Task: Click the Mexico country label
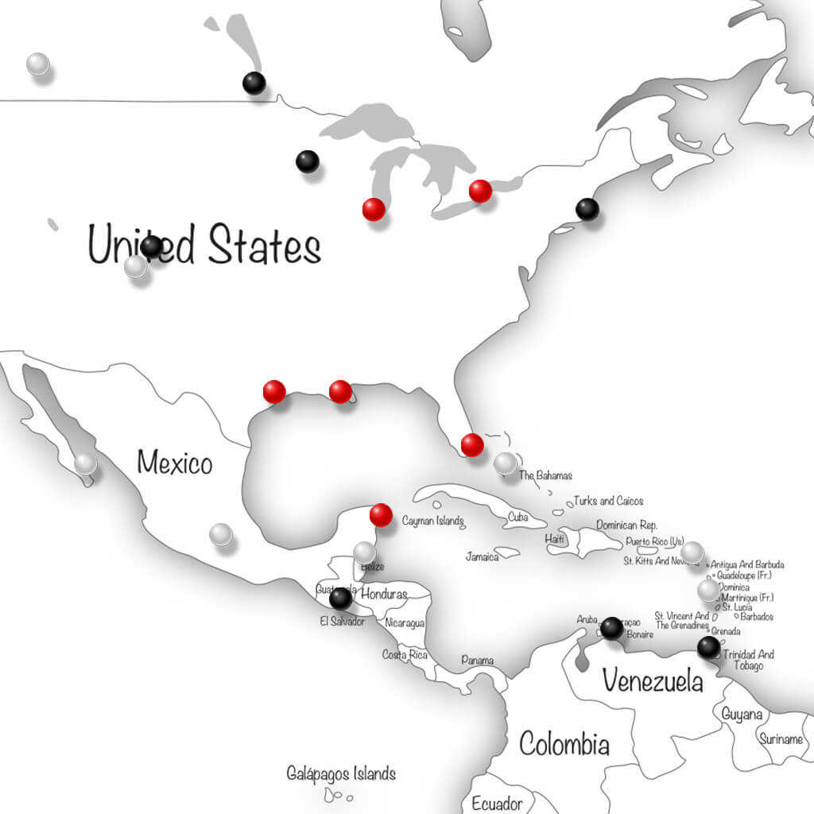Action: [175, 462]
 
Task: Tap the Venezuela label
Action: [652, 680]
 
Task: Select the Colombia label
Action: [564, 745]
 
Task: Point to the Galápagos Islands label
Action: [341, 773]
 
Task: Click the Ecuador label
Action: [497, 803]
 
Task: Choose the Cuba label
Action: [517, 517]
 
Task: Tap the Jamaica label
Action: [483, 556]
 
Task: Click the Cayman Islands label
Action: [432, 521]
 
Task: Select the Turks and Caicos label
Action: [609, 501]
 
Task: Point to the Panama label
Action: [477, 661]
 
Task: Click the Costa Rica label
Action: [405, 654]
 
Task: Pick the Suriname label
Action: [780, 739]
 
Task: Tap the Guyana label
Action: [742, 715]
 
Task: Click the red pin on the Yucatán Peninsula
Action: [382, 515]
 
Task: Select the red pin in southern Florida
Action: [472, 445]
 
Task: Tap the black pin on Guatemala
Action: [340, 598]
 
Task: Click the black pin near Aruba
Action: [611, 628]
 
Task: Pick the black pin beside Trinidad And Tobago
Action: [708, 647]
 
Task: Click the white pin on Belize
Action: [365, 552]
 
